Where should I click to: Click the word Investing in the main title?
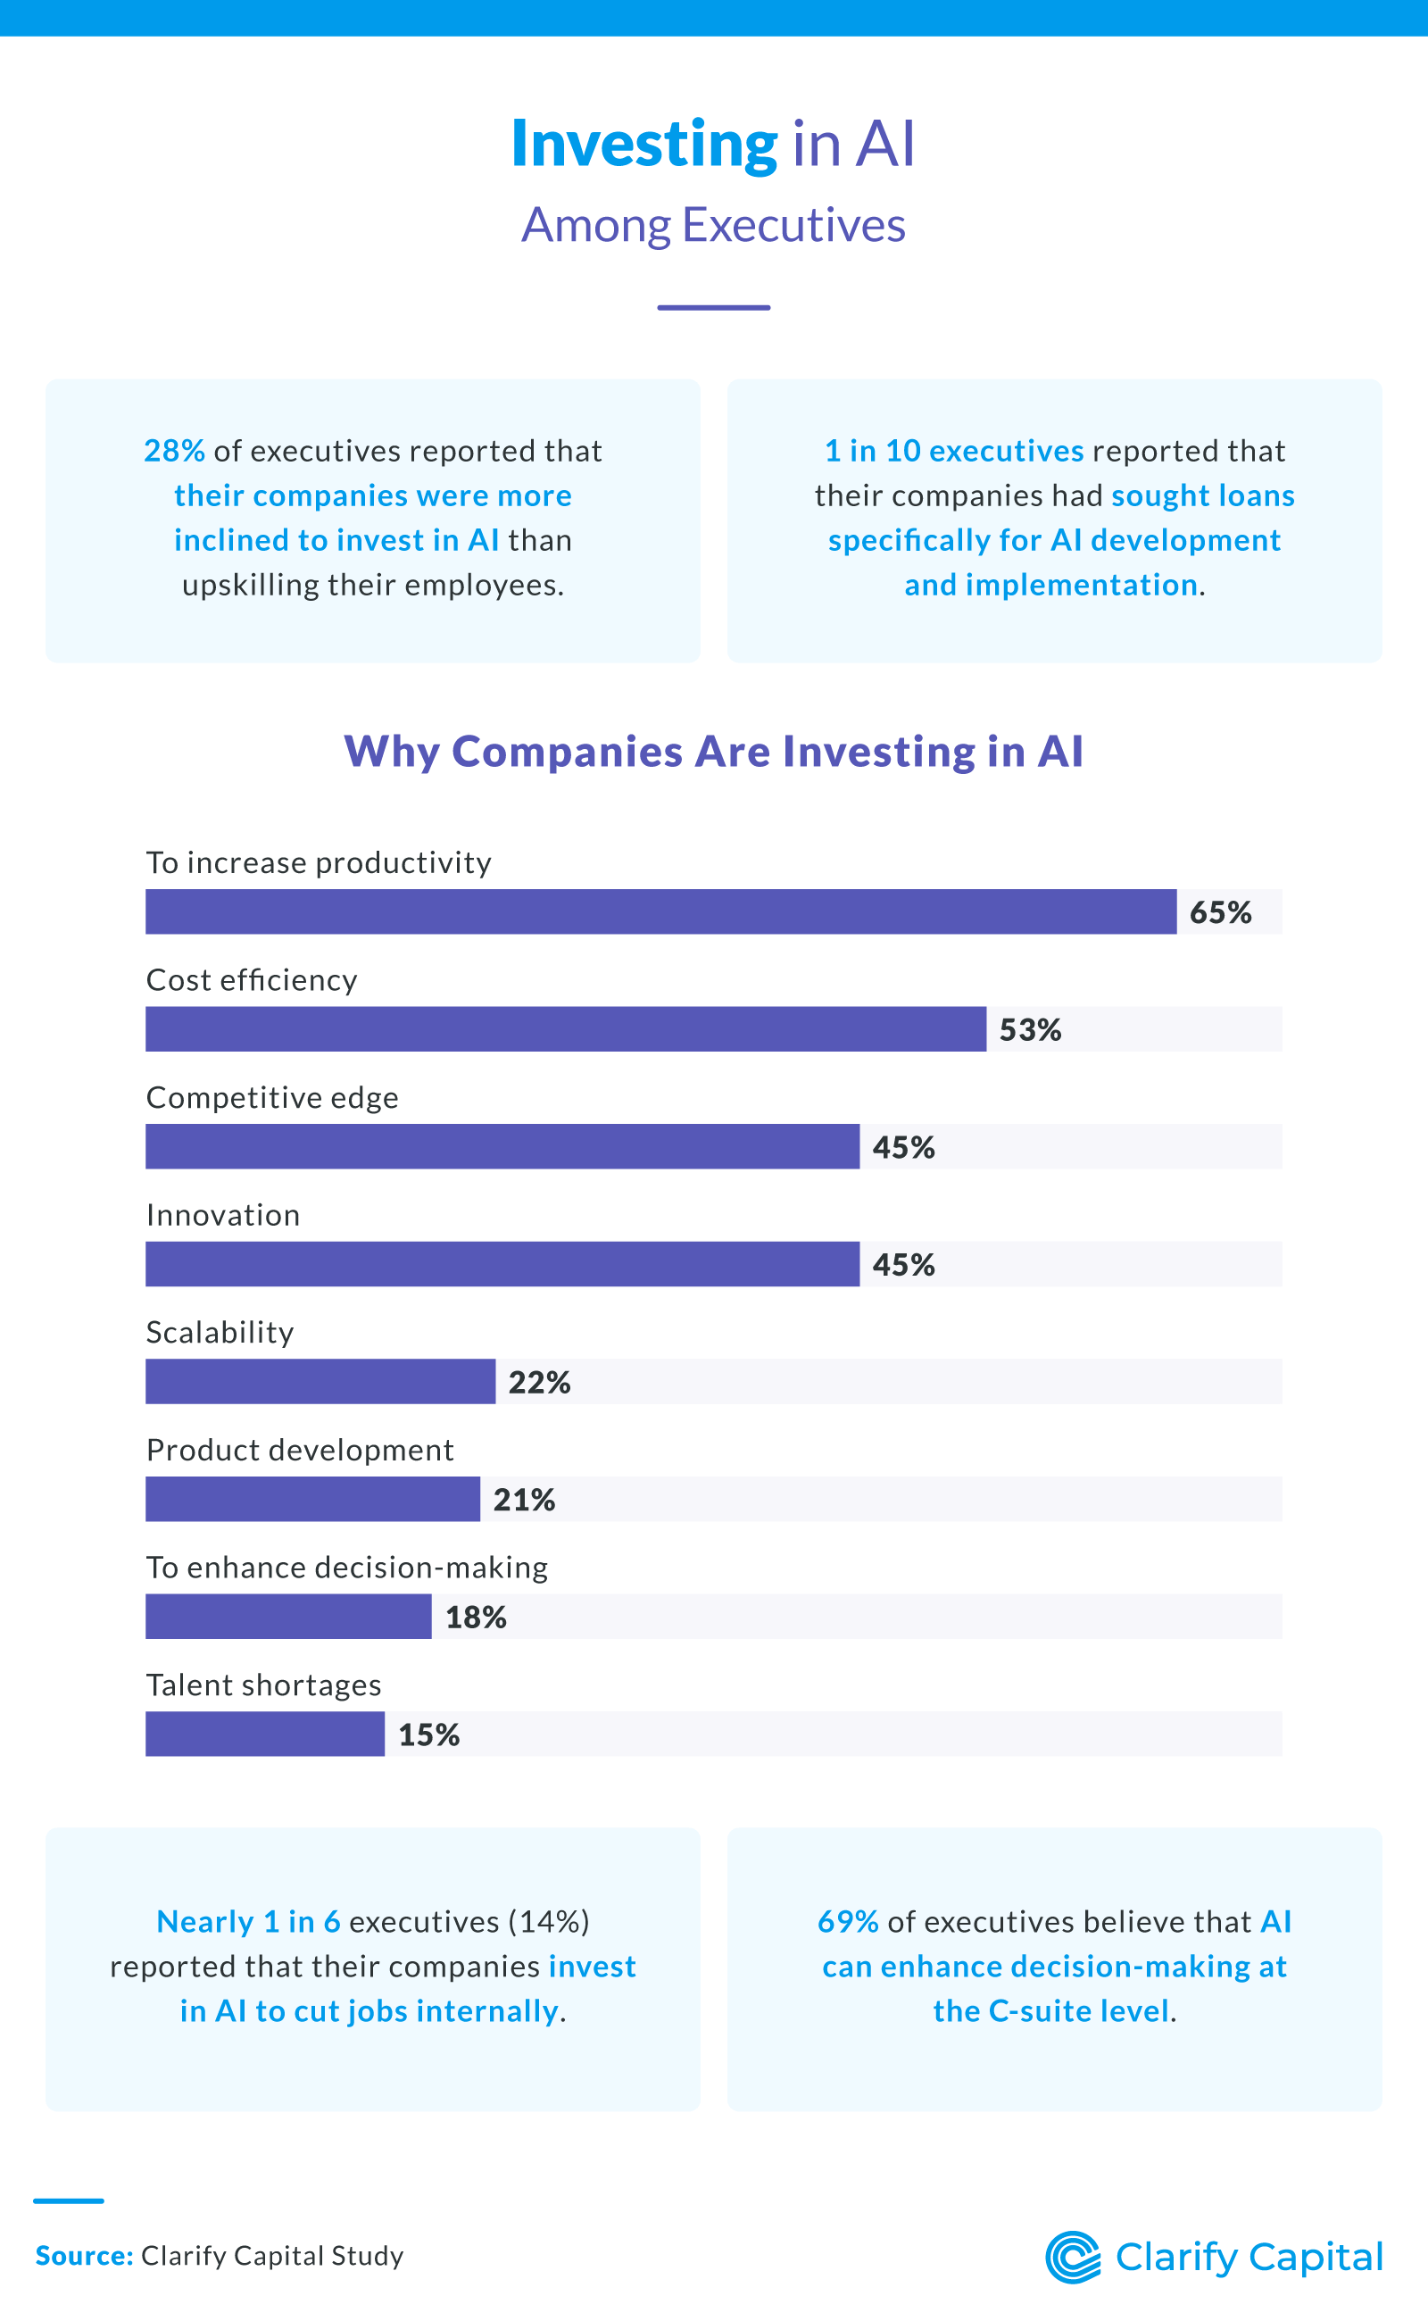click(x=644, y=145)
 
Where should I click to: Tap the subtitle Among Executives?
click(x=713, y=225)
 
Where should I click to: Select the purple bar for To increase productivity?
click(x=660, y=911)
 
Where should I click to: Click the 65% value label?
click(x=1220, y=912)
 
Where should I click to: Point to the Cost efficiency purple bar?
click(x=566, y=1028)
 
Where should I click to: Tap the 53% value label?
click(x=1030, y=1029)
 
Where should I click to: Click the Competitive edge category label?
click(x=272, y=1098)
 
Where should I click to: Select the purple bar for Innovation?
click(x=502, y=1264)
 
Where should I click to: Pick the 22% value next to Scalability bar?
click(x=539, y=1382)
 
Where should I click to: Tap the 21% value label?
click(x=524, y=1499)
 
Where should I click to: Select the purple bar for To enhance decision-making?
click(x=288, y=1617)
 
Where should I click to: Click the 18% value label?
click(x=476, y=1618)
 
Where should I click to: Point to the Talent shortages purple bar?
click(x=264, y=1734)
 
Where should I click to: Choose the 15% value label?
click(x=428, y=1735)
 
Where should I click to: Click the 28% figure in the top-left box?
click(x=174, y=451)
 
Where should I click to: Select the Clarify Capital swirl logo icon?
click(x=1072, y=2257)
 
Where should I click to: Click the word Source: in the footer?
click(x=84, y=2256)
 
